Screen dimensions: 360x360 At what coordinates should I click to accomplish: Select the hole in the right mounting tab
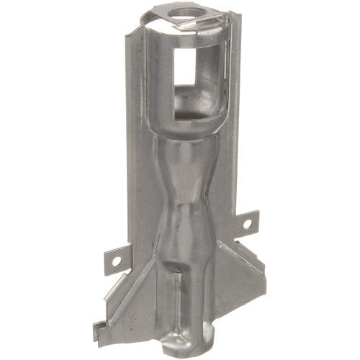[x=247, y=224]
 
